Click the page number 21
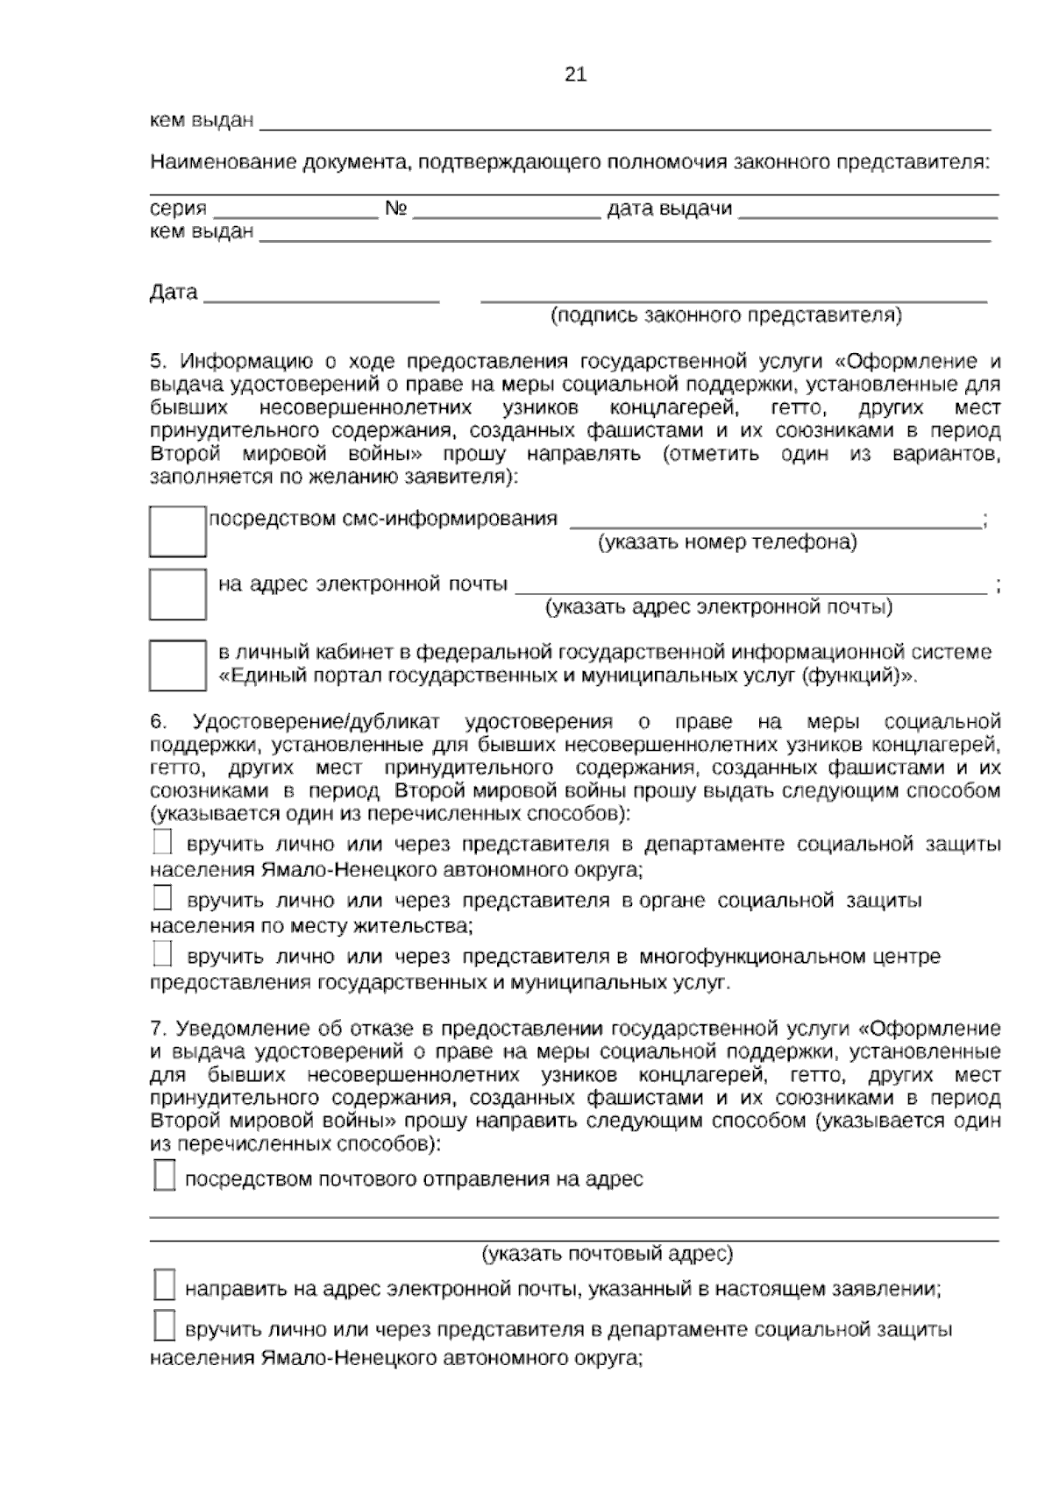tap(575, 74)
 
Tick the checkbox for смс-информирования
tap(177, 531)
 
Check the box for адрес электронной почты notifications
tap(177, 594)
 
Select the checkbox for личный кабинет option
tap(177, 665)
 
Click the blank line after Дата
tap(321, 296)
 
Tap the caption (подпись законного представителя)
tap(725, 315)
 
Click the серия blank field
tap(295, 210)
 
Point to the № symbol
tap(396, 209)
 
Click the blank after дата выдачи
tap(868, 210)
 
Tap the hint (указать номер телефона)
tap(727, 542)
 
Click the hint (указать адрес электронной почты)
tap(719, 606)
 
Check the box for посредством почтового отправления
tap(164, 1176)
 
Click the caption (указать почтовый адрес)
tap(607, 1254)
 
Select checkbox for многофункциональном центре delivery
tap(162, 953)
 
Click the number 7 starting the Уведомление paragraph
tap(156, 1028)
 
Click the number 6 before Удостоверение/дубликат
tap(158, 722)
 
